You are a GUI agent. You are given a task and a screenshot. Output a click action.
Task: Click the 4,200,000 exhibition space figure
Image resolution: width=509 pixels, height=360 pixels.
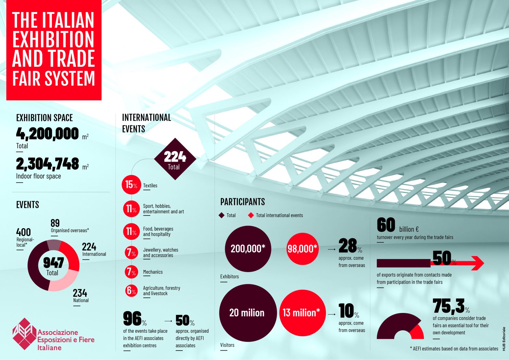coord(47,133)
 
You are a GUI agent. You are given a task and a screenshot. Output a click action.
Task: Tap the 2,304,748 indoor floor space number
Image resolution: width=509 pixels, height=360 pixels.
coord(47,164)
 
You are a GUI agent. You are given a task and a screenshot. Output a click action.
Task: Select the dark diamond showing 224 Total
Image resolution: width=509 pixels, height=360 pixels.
coord(175,159)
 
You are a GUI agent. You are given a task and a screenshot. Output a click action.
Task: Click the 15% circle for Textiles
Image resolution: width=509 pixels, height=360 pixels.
coord(131,184)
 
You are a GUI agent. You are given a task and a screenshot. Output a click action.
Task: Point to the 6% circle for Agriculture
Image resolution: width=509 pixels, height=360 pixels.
coord(131,291)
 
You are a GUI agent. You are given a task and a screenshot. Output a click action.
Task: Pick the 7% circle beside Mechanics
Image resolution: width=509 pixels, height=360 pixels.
coord(131,272)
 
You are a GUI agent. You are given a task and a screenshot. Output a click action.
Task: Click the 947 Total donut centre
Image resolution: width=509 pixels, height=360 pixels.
coord(53,266)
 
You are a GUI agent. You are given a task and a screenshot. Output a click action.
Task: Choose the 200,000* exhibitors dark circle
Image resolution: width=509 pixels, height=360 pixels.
coord(248,249)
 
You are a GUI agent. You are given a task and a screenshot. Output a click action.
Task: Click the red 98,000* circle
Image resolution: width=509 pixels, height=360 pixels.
coord(302,249)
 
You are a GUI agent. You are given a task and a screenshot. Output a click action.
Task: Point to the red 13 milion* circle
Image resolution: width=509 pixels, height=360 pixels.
coord(302,313)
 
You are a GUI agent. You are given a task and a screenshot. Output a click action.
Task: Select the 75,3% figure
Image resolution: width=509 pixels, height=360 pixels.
coord(449,306)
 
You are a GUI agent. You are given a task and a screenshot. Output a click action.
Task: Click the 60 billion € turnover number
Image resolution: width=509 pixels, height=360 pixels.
coord(386,225)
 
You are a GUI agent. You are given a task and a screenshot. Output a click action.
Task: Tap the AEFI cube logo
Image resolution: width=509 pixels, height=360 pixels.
coord(24,334)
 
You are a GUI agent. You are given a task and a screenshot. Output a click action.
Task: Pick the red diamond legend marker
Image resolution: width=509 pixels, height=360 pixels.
coord(251,215)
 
